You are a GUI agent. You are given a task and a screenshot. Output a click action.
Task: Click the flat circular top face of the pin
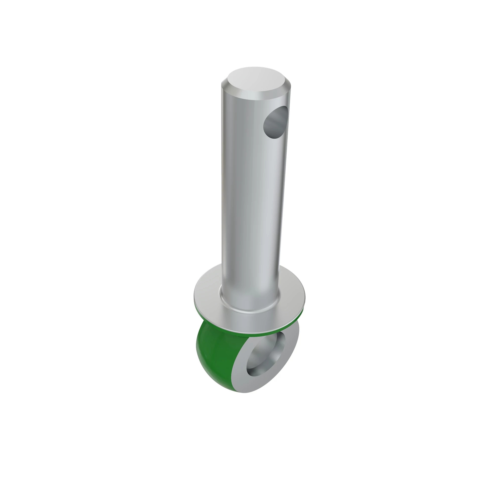[256, 79]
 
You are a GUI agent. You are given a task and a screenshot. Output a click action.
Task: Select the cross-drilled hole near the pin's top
[275, 122]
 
